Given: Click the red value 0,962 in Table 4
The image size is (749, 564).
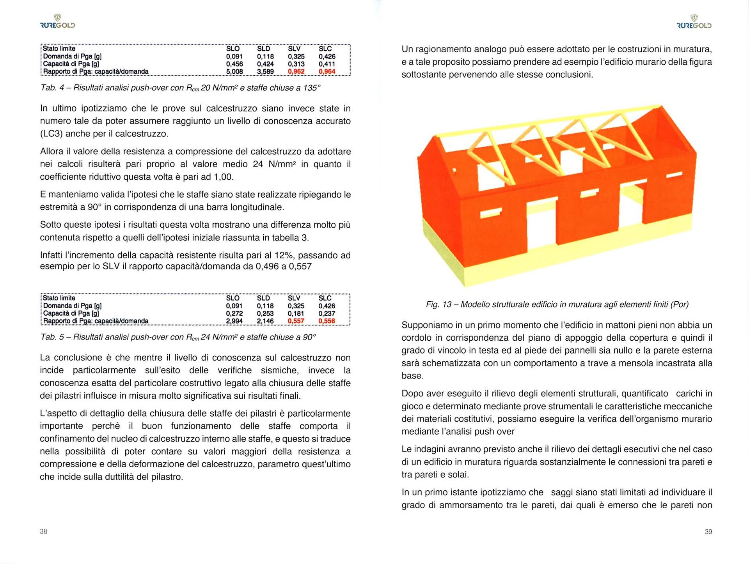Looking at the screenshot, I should [x=296, y=72].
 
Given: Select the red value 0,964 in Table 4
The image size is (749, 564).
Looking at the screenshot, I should [x=327, y=72].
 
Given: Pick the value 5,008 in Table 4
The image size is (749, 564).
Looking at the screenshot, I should [x=234, y=72].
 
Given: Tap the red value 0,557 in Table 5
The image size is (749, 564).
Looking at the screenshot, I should [x=296, y=321].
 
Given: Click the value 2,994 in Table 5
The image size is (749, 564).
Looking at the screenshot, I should [x=234, y=321].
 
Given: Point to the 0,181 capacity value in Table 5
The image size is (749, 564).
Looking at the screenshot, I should [x=296, y=313].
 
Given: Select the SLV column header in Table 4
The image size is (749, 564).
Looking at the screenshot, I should [x=294, y=49].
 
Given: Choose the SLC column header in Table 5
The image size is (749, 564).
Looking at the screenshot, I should [x=325, y=298].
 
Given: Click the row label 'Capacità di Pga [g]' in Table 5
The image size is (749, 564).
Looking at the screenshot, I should [x=71, y=313].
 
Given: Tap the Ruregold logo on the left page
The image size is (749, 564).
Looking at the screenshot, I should [x=57, y=22].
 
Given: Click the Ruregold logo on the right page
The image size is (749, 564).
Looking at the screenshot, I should [x=694, y=22].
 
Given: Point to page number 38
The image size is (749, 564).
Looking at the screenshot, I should [x=43, y=532].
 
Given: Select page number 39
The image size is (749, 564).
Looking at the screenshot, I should [x=708, y=532].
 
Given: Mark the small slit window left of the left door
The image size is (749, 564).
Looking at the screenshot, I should [x=491, y=213].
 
